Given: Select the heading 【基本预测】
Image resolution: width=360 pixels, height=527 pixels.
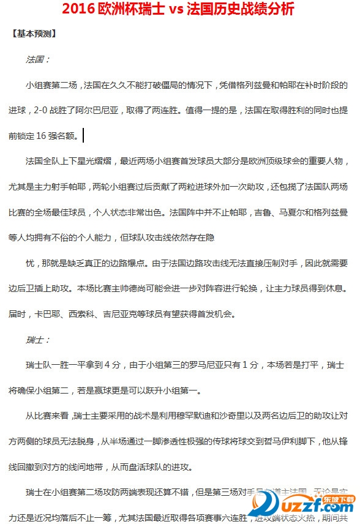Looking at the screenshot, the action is click(x=34, y=34).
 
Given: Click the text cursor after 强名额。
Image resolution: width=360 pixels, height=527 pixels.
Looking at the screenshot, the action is click(x=83, y=135).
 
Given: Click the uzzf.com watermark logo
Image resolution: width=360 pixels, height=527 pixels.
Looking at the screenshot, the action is click(x=307, y=506).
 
